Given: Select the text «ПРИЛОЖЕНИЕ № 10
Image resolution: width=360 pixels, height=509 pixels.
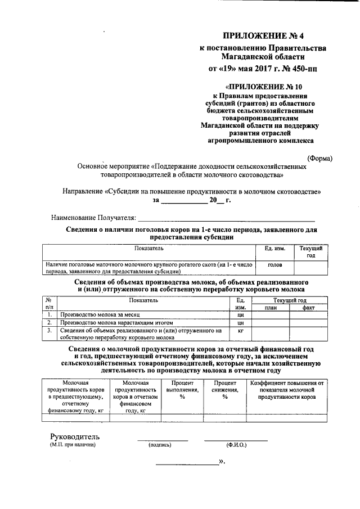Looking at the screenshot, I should point(262,87).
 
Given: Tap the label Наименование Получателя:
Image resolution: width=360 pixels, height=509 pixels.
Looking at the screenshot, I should point(93,217).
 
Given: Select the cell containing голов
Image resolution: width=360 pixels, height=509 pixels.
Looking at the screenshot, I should point(275,263).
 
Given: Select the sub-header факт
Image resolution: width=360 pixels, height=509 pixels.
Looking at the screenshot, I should point(308,308).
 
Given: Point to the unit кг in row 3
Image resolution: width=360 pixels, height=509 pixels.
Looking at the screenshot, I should point(240,331).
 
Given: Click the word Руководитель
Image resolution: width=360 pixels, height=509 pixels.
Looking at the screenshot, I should point(75,436).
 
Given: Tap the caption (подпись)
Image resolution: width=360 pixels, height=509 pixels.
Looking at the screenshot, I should point(160,445).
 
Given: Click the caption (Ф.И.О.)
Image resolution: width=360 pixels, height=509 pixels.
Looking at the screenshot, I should point(237,445).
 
